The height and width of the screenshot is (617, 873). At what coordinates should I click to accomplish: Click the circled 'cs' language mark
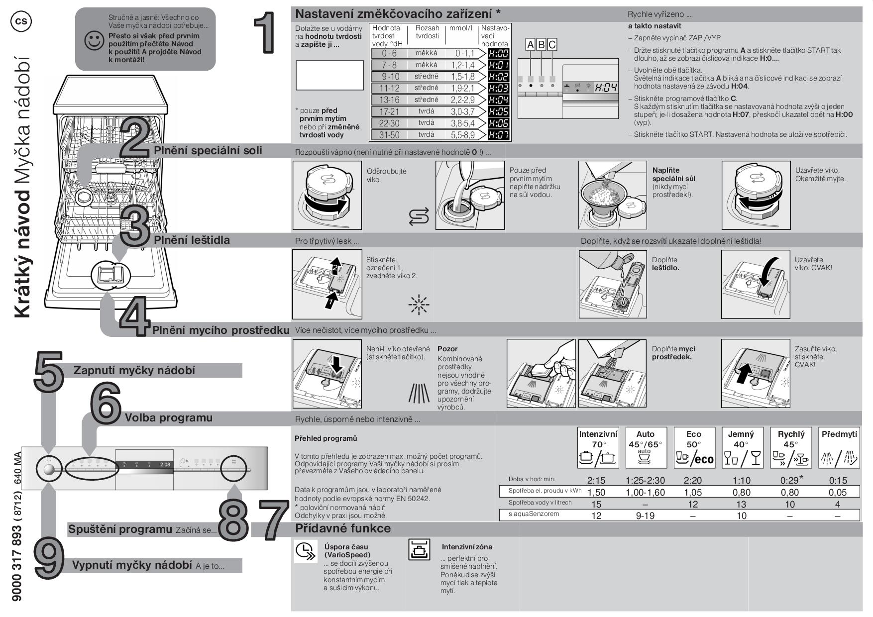(20, 21)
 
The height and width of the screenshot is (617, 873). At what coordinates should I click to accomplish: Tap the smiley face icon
(94, 41)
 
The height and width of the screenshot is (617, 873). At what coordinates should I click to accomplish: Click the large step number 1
(264, 33)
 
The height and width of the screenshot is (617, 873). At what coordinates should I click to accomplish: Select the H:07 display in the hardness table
(498, 135)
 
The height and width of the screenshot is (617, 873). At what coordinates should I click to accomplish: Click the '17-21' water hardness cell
(389, 111)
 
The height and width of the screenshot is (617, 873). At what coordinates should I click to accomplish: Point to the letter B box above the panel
(541, 45)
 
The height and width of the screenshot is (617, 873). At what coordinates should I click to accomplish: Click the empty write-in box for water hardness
(329, 75)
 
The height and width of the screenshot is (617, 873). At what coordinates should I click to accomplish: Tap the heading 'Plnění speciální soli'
(208, 150)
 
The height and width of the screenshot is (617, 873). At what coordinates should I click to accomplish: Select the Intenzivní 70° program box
(598, 447)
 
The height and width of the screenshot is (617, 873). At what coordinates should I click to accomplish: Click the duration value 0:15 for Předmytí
(838, 480)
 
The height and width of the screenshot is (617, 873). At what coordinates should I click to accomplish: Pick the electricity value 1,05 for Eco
(693, 492)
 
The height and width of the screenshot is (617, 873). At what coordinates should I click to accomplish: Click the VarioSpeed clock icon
(305, 551)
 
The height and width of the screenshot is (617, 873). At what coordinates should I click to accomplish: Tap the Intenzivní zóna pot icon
(419, 549)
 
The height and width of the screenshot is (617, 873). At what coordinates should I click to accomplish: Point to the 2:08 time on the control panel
(165, 464)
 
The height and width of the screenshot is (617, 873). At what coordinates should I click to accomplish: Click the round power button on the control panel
(48, 469)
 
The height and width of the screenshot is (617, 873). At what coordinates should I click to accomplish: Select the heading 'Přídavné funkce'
(343, 528)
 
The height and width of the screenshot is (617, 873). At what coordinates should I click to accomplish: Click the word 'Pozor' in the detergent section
(447, 349)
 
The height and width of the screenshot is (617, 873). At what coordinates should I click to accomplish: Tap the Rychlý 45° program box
(791, 447)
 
